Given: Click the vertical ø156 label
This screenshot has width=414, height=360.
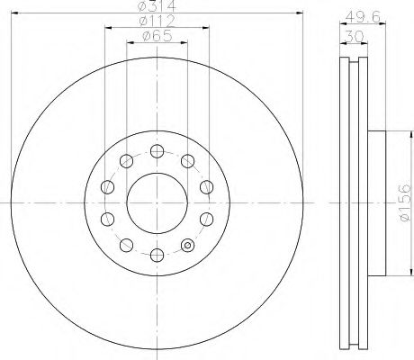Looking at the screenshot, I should point(404,202).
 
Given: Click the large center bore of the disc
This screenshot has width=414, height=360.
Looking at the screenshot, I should point(157,200).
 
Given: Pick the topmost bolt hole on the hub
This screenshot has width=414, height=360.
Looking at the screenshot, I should point(157,149).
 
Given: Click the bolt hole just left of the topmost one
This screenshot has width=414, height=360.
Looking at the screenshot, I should point(126,160).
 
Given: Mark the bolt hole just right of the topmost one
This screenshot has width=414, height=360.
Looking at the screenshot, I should point(187,160).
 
